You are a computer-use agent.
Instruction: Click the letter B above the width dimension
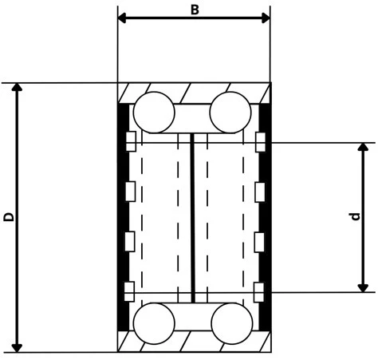tap(195, 9)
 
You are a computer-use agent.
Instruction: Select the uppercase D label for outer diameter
tap(8, 216)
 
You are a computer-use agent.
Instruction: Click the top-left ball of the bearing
tap(154, 112)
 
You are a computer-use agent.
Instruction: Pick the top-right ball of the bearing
tap(231, 112)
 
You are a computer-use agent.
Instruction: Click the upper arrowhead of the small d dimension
tap(364, 148)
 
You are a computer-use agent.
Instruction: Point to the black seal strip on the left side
tap(123, 216)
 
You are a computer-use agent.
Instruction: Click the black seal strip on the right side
tap(266, 216)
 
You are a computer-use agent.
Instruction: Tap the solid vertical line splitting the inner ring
tap(194, 217)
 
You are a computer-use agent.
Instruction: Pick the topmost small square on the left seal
tap(132, 142)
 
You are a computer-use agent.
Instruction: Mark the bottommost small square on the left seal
tap(132, 290)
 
